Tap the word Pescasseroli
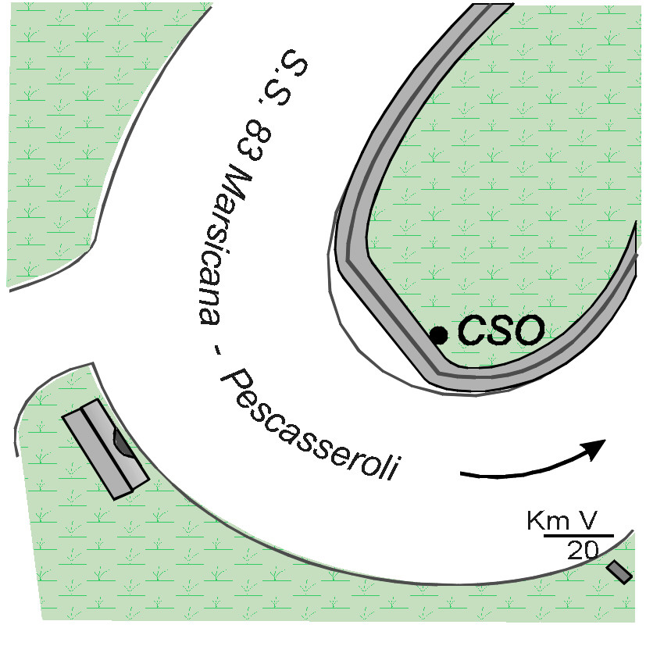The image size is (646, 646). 312,430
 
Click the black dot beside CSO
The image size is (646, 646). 439,335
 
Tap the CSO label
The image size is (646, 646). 500,331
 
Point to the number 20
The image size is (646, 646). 584,550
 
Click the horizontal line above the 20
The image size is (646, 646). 579,536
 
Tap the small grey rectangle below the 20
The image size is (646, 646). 619,572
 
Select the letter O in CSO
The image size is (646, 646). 527,331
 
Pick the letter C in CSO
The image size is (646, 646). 472,331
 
